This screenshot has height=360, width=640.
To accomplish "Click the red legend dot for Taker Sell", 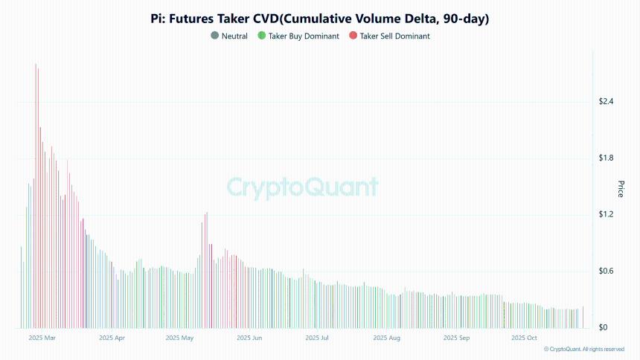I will tap(353, 36).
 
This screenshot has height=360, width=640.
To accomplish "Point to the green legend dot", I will tap(261, 36).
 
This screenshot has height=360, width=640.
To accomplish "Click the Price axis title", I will tap(621, 189).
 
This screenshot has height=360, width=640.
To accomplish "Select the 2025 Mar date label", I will tap(42, 338).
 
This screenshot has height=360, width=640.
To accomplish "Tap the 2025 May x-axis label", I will tap(179, 338).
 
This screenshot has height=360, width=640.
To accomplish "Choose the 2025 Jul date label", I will tap(317, 338).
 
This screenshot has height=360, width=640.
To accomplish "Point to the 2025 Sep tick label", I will tap(456, 338).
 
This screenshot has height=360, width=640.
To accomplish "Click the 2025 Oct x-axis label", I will tap(524, 338).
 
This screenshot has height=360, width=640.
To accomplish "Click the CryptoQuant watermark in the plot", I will tap(302, 186).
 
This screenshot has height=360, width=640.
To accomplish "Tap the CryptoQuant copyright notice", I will tap(583, 349).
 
